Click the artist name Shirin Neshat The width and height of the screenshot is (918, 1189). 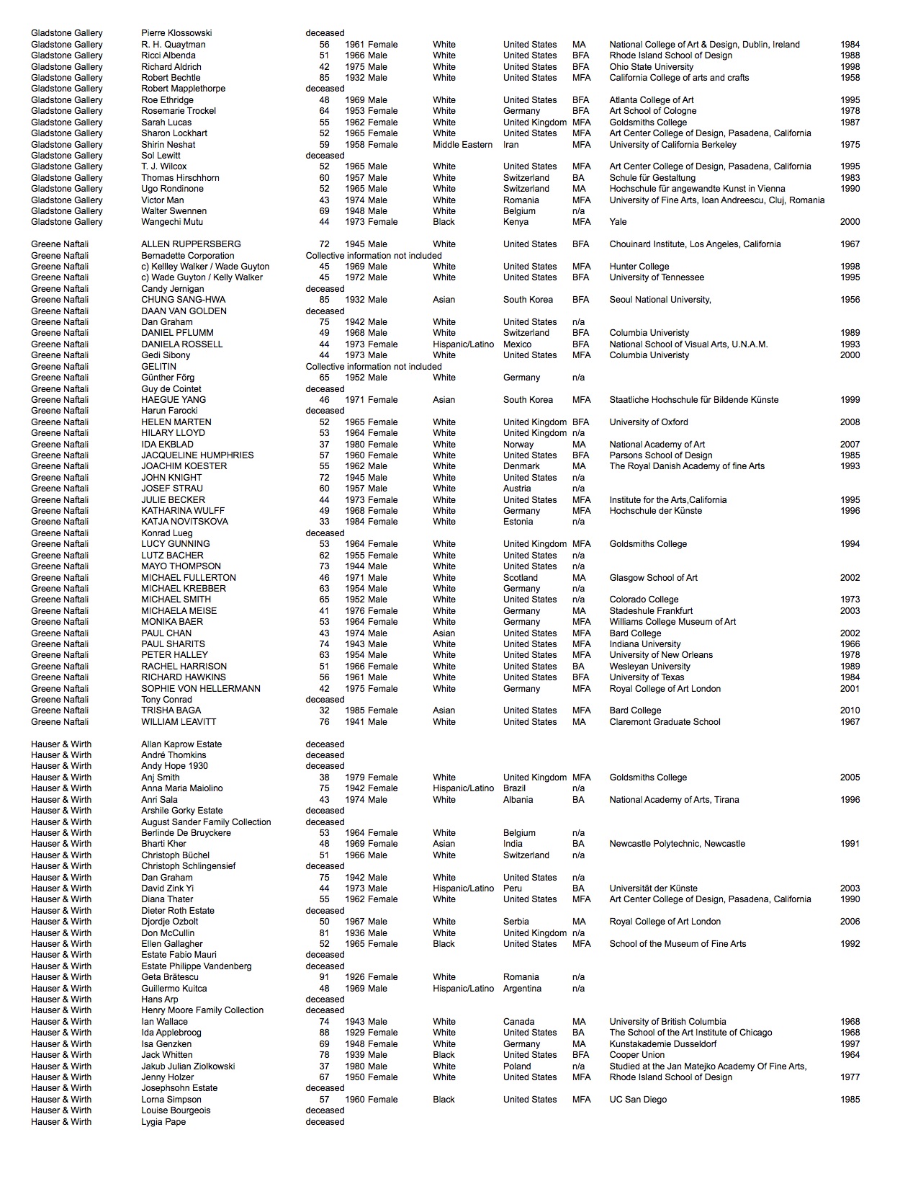coord(168,144)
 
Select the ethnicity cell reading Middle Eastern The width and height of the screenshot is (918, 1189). coord(462,144)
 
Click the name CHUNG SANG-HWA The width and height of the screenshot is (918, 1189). coord(183,300)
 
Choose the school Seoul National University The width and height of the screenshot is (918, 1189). coord(660,300)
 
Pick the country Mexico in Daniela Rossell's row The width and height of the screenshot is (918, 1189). coord(518,344)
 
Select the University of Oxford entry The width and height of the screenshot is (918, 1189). coord(648,422)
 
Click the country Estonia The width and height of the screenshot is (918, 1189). coord(518,522)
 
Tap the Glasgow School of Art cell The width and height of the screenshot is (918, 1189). coord(653,578)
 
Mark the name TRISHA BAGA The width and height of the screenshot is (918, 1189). coord(171,711)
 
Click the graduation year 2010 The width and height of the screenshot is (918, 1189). coord(850,711)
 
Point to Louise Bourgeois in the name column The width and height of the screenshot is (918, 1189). coord(176,1110)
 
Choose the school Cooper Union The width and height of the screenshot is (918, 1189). coord(637,1055)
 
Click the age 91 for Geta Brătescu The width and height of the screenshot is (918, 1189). coord(325,977)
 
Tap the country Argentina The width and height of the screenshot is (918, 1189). coord(522,989)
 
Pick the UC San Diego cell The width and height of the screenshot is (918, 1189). coord(638,1100)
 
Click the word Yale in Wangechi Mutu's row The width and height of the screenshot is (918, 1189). coord(618,222)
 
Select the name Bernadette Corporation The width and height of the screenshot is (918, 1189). coord(187,256)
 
